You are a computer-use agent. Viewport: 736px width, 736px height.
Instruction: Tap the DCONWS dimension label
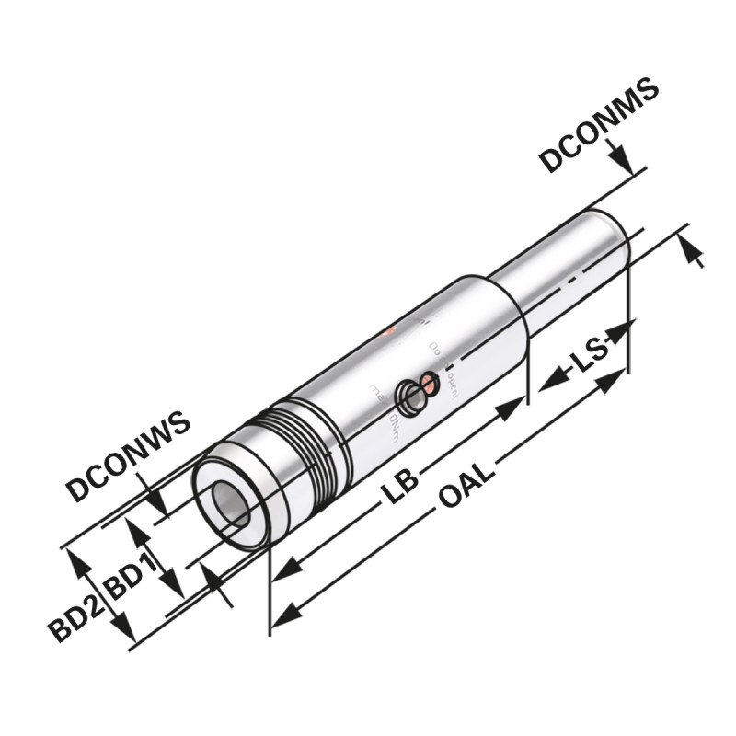[x=128, y=456]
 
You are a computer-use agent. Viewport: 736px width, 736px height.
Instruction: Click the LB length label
[x=401, y=485]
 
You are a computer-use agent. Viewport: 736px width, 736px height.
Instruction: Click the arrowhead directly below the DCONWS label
[x=159, y=504]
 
